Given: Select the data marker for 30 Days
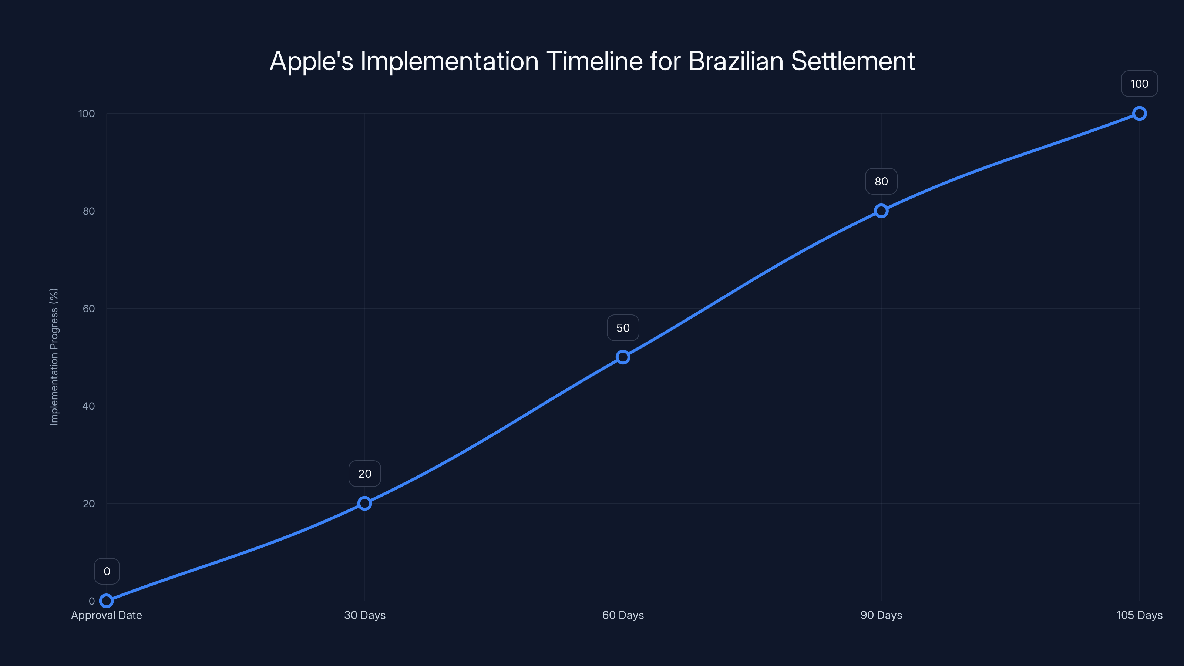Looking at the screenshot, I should tap(364, 503).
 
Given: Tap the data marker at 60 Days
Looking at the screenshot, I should tap(623, 357).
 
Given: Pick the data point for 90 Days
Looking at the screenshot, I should tap(881, 211).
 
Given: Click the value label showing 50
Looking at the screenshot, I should tap(623, 328).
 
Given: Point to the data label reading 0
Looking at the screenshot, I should tap(107, 571).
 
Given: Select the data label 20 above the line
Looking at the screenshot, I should tap(364, 474).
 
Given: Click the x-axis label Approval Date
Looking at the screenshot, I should tap(106, 615).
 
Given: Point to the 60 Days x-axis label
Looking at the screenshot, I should tap(623, 615).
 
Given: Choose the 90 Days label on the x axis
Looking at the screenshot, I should tap(881, 615).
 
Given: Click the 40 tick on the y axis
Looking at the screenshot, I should tap(89, 406).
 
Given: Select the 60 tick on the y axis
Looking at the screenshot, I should tap(89, 309).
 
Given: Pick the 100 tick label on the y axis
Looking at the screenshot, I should tap(87, 114).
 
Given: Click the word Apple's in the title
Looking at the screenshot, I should tap(311, 61).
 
